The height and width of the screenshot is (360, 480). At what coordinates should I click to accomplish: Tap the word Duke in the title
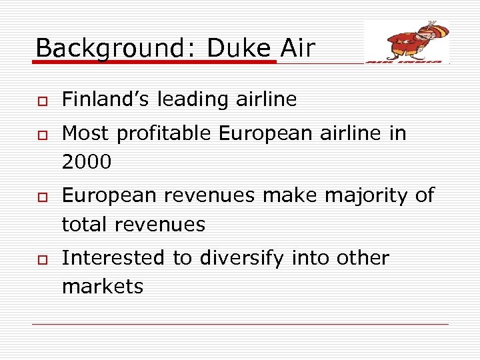click(237, 48)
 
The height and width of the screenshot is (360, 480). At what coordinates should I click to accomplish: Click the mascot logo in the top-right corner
click(407, 42)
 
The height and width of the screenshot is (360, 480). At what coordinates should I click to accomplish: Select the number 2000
click(86, 162)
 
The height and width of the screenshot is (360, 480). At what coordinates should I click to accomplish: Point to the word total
click(84, 225)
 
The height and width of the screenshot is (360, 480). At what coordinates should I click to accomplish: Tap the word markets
click(102, 287)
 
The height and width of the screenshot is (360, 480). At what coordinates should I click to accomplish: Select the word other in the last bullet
click(359, 258)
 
